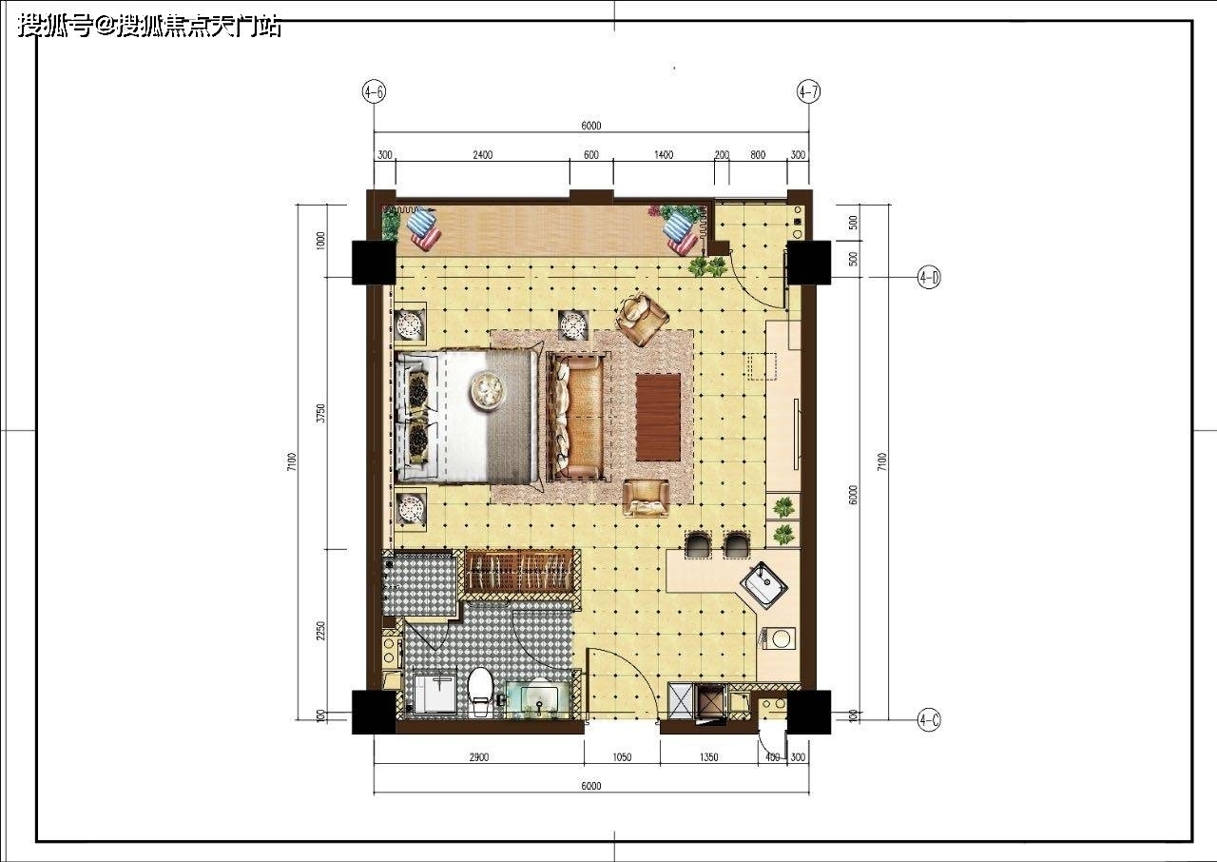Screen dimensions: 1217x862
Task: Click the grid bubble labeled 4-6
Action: click(x=374, y=92)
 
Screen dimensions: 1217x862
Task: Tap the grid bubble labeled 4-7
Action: click(x=808, y=92)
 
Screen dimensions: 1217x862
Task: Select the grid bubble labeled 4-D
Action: click(x=929, y=278)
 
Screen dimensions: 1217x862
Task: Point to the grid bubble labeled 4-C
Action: click(x=929, y=720)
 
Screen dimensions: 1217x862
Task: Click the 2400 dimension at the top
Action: click(x=482, y=155)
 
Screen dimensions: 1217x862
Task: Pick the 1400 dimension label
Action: click(x=664, y=155)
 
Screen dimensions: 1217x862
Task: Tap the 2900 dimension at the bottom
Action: click(x=478, y=757)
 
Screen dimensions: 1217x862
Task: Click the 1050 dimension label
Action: click(x=622, y=757)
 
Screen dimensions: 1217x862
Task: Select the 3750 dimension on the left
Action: click(x=321, y=414)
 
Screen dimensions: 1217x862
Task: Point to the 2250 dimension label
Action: click(x=321, y=631)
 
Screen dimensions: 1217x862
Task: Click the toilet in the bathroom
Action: click(x=480, y=692)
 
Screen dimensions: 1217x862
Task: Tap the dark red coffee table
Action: click(x=659, y=417)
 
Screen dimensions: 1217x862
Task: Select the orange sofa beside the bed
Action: click(x=579, y=417)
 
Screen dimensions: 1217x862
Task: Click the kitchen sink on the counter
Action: click(x=763, y=585)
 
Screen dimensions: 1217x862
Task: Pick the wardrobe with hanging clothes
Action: click(x=519, y=571)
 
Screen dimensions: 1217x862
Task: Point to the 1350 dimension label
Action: click(x=708, y=757)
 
